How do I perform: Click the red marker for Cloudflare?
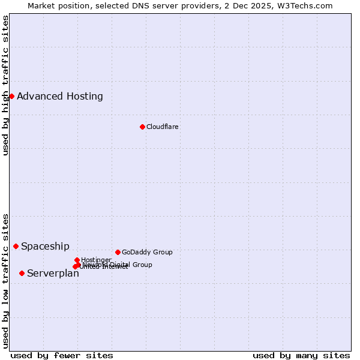pyautogui.click(x=142, y=127)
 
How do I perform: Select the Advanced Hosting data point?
pyautogui.click(x=11, y=96)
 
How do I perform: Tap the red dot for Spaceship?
pyautogui.click(x=16, y=246)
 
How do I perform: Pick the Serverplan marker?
pyautogui.click(x=22, y=273)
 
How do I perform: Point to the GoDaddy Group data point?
pyautogui.click(x=118, y=252)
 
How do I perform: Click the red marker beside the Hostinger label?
pyautogui.click(x=77, y=260)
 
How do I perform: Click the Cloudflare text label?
pyautogui.click(x=162, y=127)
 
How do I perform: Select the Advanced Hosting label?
pyautogui.click(x=59, y=96)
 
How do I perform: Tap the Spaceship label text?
pyautogui.click(x=45, y=246)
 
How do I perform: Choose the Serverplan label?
pyautogui.click(x=53, y=274)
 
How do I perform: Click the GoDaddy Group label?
pyautogui.click(x=147, y=252)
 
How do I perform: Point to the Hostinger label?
pyautogui.click(x=96, y=260)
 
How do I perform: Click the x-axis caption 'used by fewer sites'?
pyautogui.click(x=62, y=355)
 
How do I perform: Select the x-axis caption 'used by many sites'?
pyautogui.click(x=301, y=355)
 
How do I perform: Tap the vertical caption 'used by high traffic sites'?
pyautogui.click(x=6, y=85)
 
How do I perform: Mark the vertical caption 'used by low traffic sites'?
pyautogui.click(x=6, y=280)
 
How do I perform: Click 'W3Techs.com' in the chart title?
pyautogui.click(x=309, y=5)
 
